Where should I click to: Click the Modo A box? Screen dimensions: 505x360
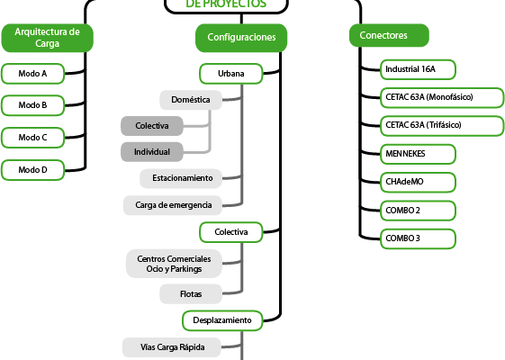(x=32, y=74)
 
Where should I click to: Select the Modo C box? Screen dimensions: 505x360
(x=32, y=138)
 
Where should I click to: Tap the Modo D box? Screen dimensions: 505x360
(x=32, y=170)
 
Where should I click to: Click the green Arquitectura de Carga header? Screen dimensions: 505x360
(x=48, y=38)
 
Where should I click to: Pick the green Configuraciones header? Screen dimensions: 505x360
(x=241, y=38)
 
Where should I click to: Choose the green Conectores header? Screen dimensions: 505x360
(x=389, y=35)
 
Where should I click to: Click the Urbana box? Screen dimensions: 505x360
(x=231, y=74)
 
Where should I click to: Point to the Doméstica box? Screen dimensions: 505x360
(x=191, y=100)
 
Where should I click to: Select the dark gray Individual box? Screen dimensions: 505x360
(x=152, y=152)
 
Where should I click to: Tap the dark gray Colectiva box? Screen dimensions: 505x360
(x=152, y=126)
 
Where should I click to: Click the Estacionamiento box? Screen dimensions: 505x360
(x=181, y=178)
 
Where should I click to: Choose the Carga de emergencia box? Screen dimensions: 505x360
(x=173, y=205)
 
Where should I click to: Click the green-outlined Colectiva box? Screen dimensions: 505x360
(x=231, y=232)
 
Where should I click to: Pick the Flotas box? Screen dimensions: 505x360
(x=191, y=294)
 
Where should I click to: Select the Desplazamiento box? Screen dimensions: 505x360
(x=222, y=320)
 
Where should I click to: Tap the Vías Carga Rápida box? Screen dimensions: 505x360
(x=172, y=347)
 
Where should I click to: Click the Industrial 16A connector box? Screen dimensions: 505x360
(x=418, y=69)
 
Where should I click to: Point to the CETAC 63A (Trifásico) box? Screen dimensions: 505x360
(x=442, y=126)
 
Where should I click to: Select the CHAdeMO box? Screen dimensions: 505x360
(x=418, y=183)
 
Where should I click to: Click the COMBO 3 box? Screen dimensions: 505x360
(x=418, y=238)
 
